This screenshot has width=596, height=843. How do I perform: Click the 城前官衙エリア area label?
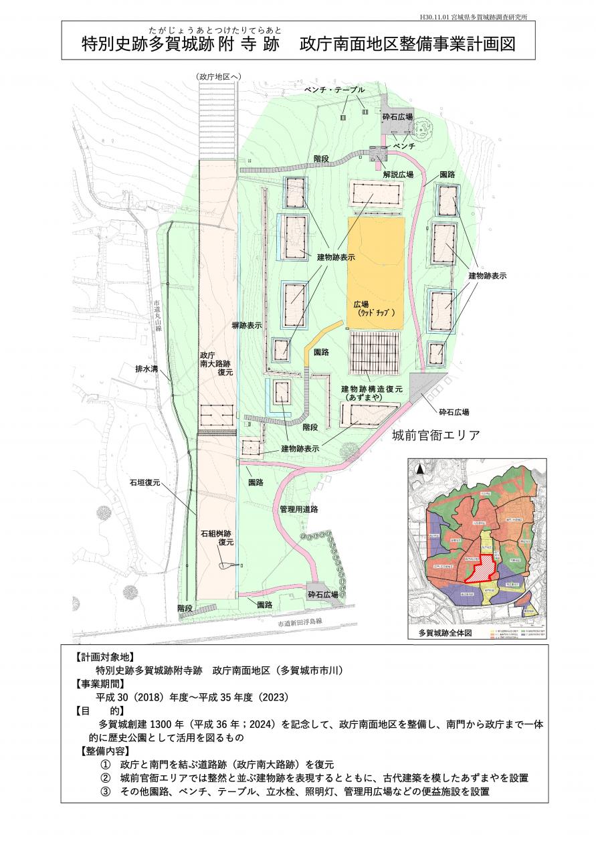(435, 436)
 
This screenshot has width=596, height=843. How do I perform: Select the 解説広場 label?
(399, 174)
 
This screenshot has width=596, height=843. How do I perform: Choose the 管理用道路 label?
(298, 509)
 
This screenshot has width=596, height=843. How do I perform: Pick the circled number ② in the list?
(105, 778)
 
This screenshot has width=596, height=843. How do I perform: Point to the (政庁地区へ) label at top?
(219, 78)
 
